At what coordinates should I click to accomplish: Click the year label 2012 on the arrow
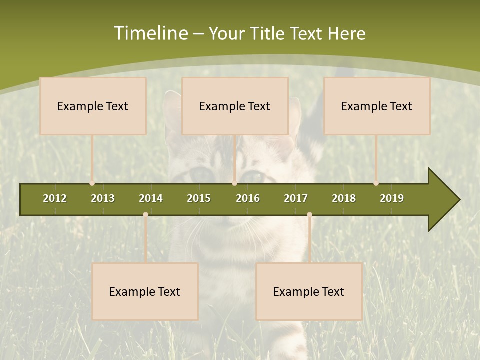point(55,198)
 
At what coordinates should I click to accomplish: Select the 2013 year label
point(103,198)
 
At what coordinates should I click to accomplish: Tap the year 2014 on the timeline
point(151,198)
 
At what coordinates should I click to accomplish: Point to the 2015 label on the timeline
point(199,198)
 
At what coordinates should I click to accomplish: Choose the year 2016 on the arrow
point(248,198)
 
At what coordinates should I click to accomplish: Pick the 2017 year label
point(296,198)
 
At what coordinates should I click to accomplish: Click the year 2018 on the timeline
point(344,198)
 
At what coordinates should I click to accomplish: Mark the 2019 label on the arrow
point(392,198)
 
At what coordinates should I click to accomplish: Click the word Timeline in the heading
point(150,33)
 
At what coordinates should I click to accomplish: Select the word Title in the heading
point(268,34)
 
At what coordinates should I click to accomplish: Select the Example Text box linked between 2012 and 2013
point(93,106)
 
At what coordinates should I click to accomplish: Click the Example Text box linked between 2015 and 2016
point(235,106)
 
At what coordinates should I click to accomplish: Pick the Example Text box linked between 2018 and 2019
point(377,106)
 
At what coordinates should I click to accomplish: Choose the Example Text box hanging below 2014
point(145,291)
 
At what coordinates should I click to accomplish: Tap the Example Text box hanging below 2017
point(309,291)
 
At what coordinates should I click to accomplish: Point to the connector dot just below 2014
point(145,214)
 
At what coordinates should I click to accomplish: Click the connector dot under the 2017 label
point(309,214)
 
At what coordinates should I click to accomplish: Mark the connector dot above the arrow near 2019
point(376,183)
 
